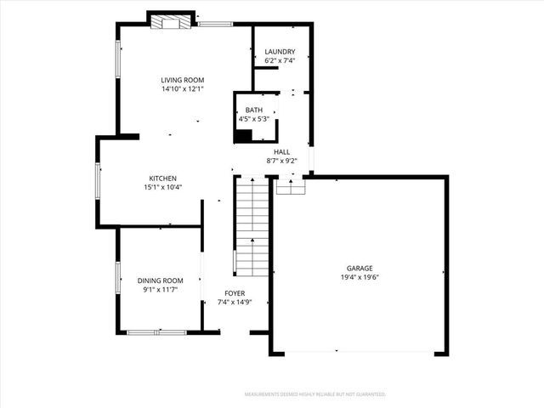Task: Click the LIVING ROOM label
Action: (x=183, y=80)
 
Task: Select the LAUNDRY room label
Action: (x=279, y=52)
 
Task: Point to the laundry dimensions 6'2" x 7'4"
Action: (x=279, y=61)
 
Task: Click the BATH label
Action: (x=254, y=110)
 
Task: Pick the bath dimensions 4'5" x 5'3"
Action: (x=254, y=120)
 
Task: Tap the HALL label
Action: (x=281, y=151)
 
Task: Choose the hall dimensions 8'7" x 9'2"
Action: (x=281, y=161)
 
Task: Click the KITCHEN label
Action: (x=162, y=178)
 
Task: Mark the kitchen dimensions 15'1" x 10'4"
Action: (x=162, y=188)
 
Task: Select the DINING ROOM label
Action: (x=161, y=280)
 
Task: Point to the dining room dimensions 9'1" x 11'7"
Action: (x=161, y=290)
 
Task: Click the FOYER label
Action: (x=235, y=292)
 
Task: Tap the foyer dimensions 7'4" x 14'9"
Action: (x=235, y=302)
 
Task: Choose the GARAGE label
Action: (x=359, y=269)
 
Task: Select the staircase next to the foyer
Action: (x=252, y=224)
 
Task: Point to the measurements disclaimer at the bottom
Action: (x=315, y=394)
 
